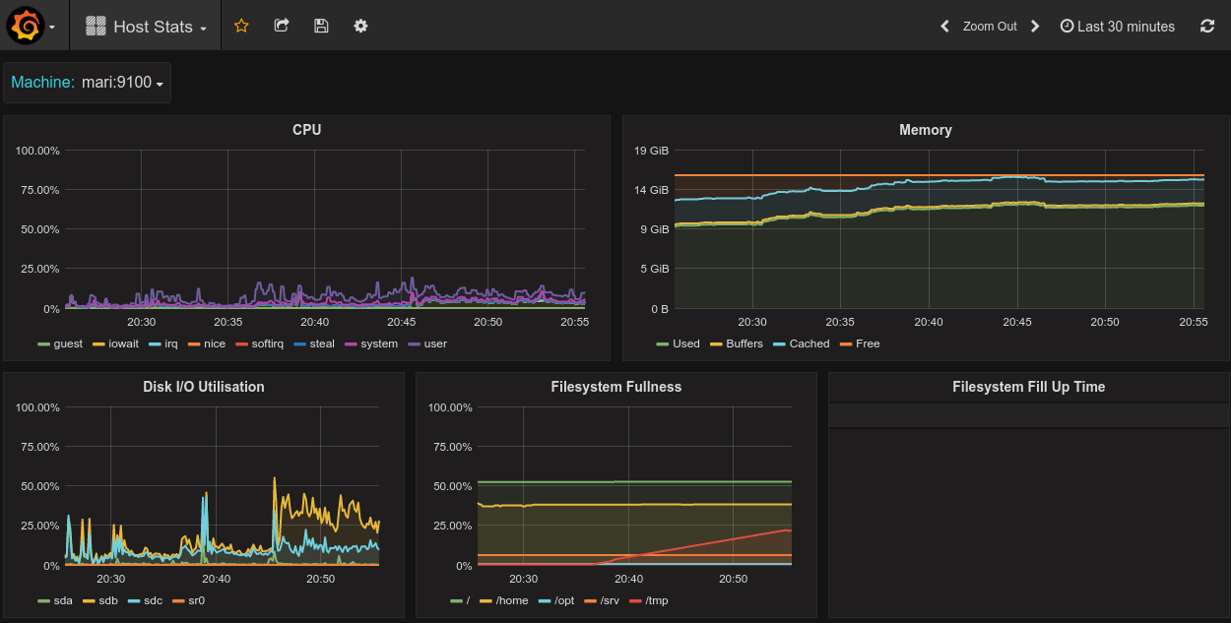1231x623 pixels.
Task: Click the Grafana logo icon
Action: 26,27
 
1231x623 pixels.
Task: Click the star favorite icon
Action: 241,26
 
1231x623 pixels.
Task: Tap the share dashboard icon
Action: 282,26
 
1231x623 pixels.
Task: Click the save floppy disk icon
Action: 321,26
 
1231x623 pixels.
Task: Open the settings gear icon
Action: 360,26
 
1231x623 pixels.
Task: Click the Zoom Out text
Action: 990,27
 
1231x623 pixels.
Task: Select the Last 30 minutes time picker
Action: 1118,27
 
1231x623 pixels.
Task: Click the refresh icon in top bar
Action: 1207,27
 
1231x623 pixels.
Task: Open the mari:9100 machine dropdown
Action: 122,83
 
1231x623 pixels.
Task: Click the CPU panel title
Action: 306,130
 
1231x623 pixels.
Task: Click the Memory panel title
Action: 925,130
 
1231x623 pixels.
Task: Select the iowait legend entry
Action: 119,343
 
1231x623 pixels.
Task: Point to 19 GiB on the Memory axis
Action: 651,151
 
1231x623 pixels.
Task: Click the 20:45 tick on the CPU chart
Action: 401,322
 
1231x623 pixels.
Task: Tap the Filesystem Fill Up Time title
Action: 1028,387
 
